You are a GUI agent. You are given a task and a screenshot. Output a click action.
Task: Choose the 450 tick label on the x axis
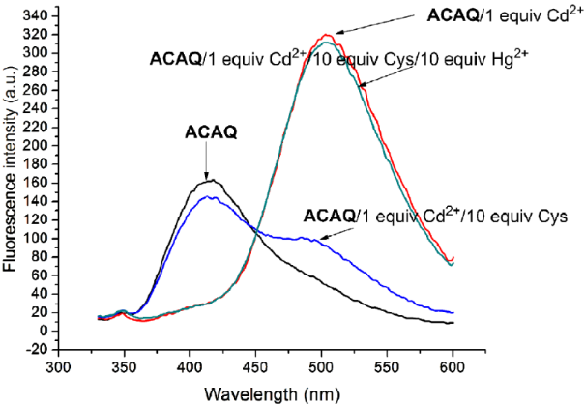pos(255,367)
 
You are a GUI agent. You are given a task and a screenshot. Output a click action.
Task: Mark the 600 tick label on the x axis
pos(452,367)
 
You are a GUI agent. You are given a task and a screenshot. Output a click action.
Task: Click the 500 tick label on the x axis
pos(321,367)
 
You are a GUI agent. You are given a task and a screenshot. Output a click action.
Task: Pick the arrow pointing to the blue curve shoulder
pos(334,233)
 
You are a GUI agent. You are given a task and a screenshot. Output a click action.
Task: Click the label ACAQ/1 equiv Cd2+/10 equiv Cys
pos(434,215)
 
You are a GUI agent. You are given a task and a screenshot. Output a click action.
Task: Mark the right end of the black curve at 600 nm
pos(452,322)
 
